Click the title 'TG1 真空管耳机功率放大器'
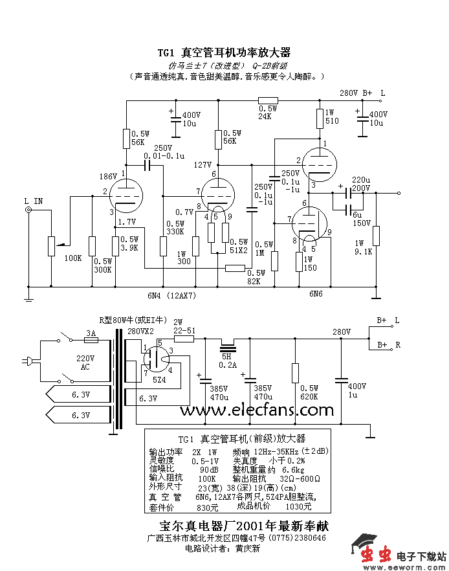click(224, 52)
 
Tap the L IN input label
click(33, 201)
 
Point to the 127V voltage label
click(203, 165)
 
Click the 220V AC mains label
click(85, 362)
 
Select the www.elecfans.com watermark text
click(253, 410)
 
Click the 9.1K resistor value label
click(364, 252)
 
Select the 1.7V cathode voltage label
click(127, 221)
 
